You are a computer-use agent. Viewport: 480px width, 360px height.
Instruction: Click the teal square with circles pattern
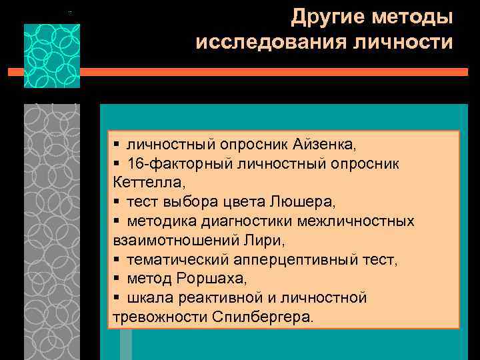[52, 56]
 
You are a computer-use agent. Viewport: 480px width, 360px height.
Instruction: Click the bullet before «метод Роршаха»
[117, 278]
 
